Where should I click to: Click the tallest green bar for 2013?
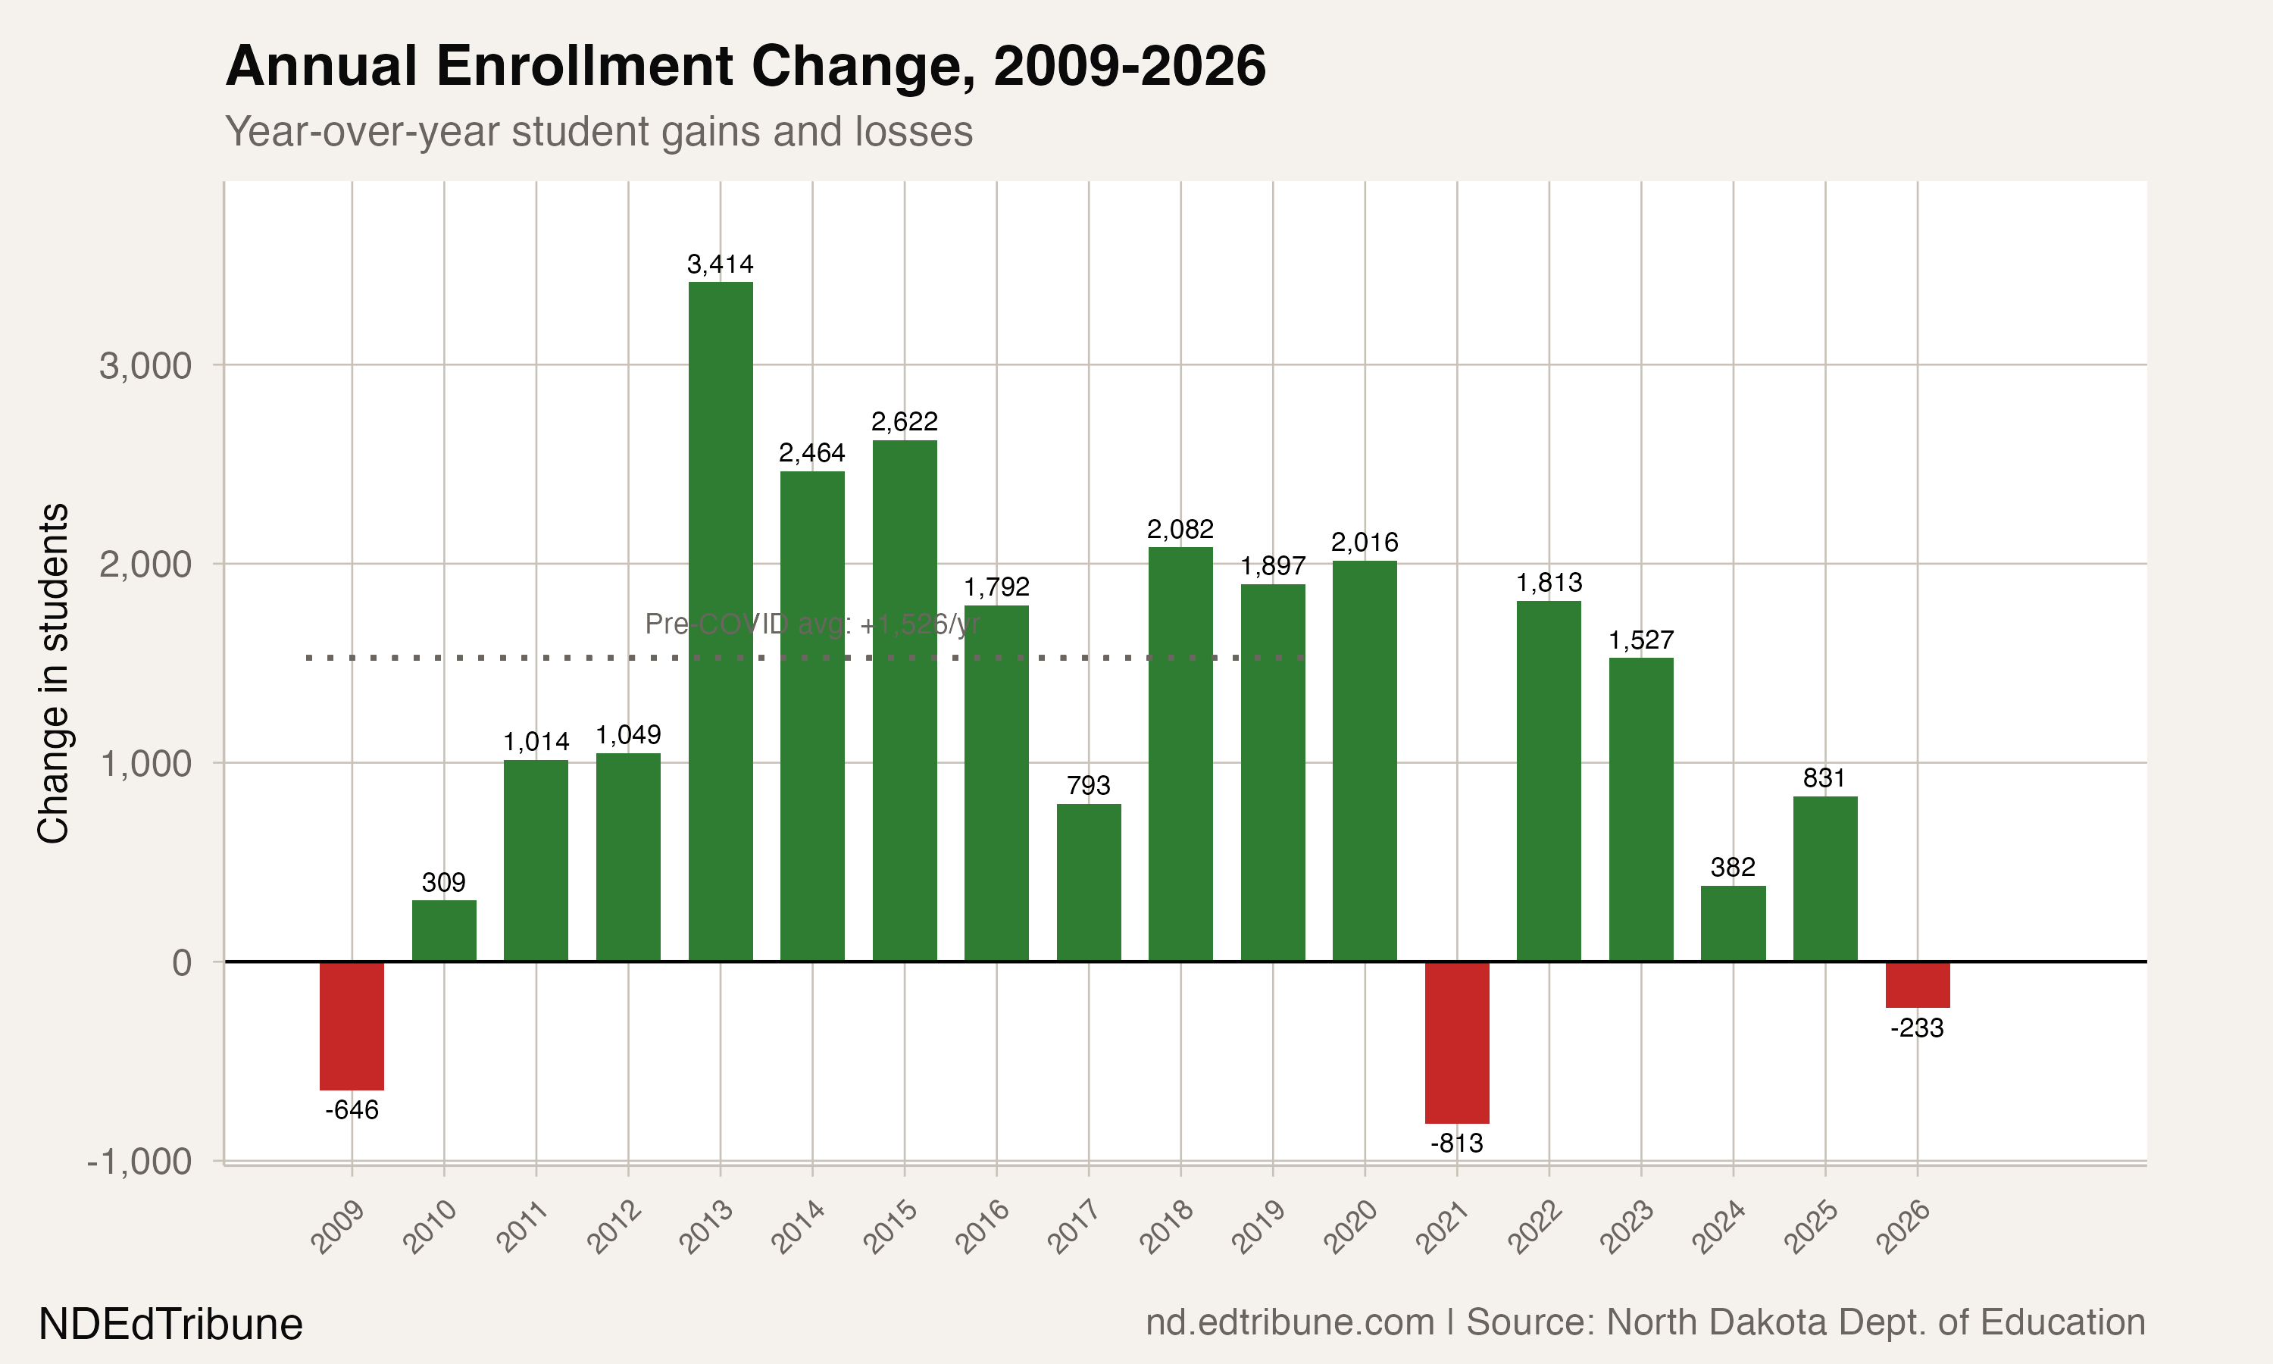pyautogui.click(x=721, y=621)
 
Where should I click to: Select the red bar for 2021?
pyautogui.click(x=1456, y=1042)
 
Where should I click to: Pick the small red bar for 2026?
pyautogui.click(x=1918, y=984)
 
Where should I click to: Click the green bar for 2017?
pyautogui.click(x=1089, y=882)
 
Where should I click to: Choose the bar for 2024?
pyautogui.click(x=1733, y=924)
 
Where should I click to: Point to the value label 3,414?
pyautogui.click(x=721, y=264)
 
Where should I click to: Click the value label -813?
pyautogui.click(x=1456, y=1143)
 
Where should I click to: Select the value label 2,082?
pyautogui.click(x=1180, y=530)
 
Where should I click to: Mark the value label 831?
pyautogui.click(x=1824, y=778)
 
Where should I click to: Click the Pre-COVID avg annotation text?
pyautogui.click(x=812, y=624)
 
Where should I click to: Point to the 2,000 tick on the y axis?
pyautogui.click(x=145, y=565)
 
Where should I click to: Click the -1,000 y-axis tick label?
pyautogui.click(x=139, y=1162)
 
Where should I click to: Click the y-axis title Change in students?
pyautogui.click(x=53, y=673)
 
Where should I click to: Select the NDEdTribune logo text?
pyautogui.click(x=171, y=1325)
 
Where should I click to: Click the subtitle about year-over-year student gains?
pyautogui.click(x=599, y=131)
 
